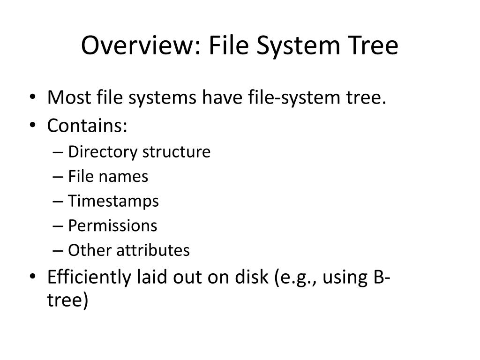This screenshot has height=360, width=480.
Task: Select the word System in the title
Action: pyautogui.click(x=295, y=46)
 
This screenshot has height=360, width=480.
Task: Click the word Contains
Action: pyautogui.click(x=87, y=125)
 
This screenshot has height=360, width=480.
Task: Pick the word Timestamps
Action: pyautogui.click(x=113, y=201)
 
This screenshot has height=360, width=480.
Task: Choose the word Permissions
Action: pyautogui.click(x=112, y=226)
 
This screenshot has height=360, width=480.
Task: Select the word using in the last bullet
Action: pyautogui.click(x=343, y=278)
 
